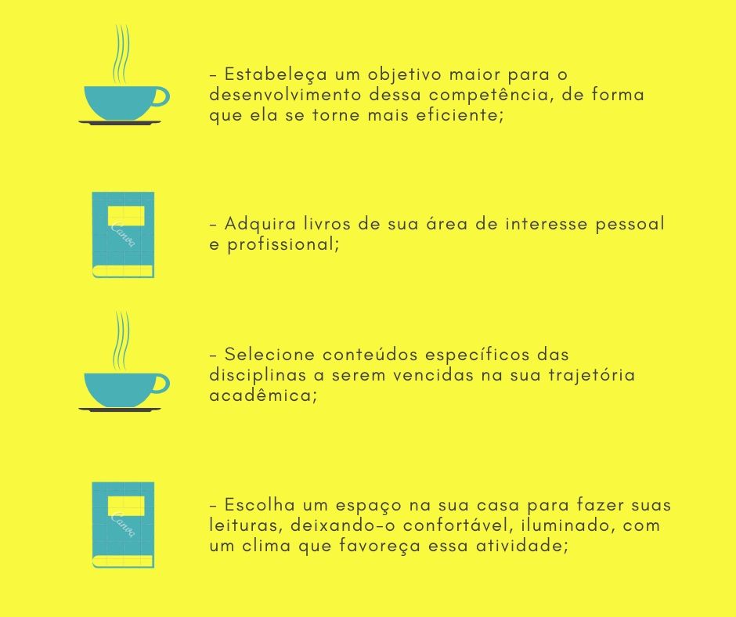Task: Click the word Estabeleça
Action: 276,75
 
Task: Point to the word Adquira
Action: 260,225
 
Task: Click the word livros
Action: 327,223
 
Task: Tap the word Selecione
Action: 269,355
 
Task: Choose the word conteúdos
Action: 370,355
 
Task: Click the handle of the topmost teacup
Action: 161,97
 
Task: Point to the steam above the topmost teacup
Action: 121,55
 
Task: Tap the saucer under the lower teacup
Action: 120,410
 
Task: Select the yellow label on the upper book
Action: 126,215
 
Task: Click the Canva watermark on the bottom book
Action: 124,525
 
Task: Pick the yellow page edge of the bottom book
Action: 122,561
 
